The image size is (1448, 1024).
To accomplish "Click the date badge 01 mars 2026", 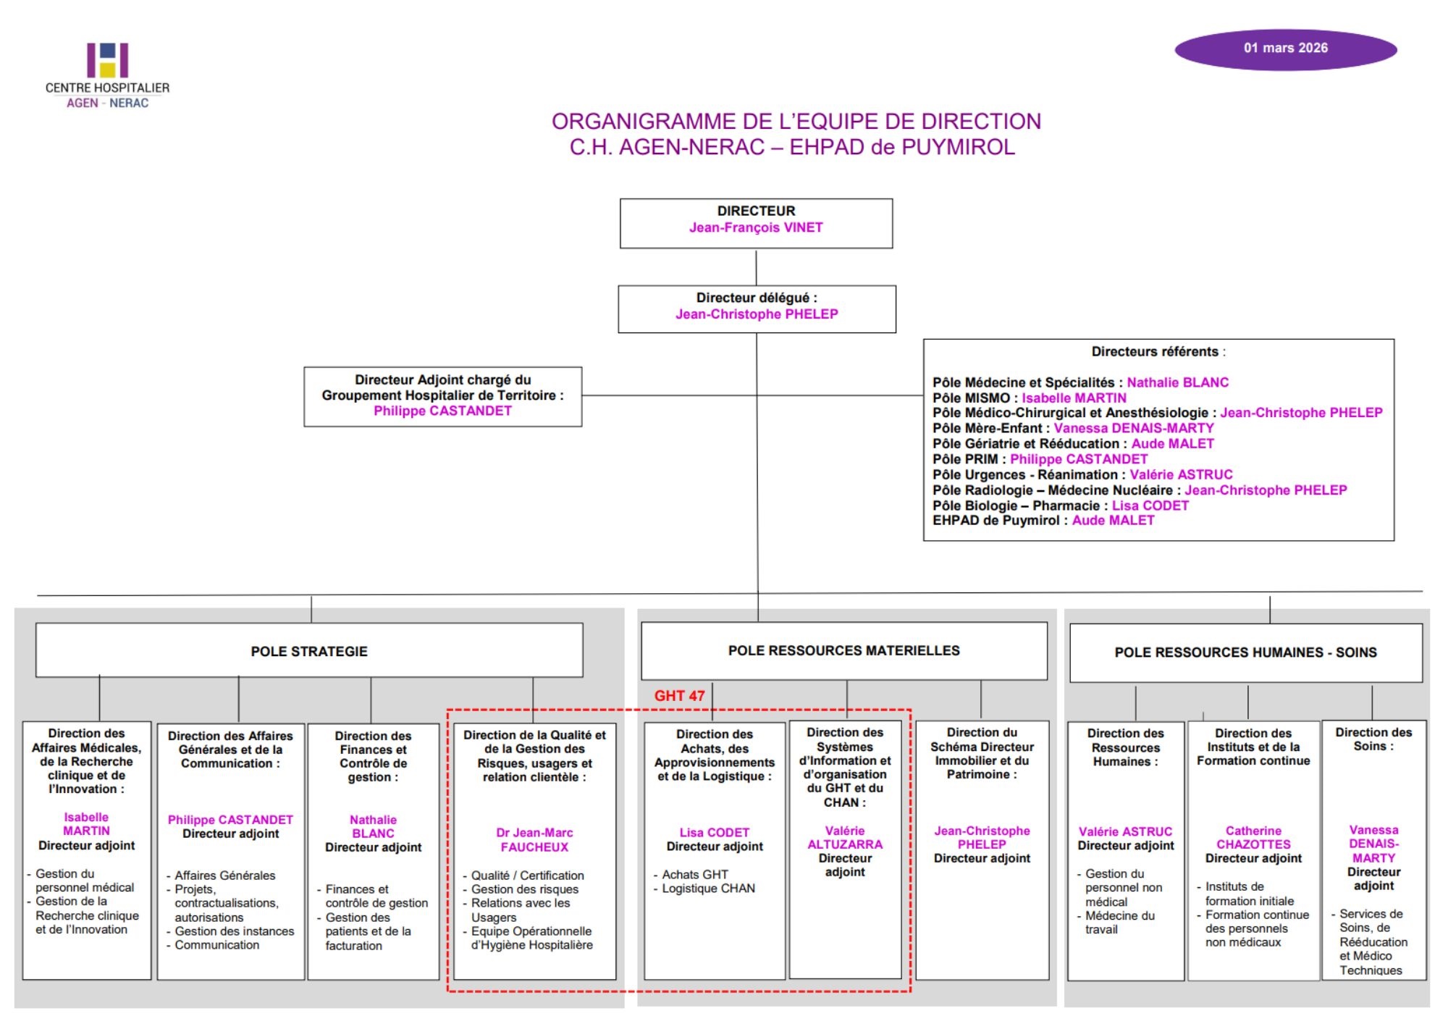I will pyautogui.click(x=1285, y=49).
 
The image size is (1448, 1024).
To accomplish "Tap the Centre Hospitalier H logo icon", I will pyautogui.click(x=107, y=60).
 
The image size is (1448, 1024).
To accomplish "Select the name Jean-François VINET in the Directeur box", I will pyautogui.click(x=756, y=227).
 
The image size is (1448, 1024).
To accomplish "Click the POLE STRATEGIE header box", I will pyautogui.click(x=309, y=651).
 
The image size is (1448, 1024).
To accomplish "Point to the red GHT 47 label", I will pyautogui.click(x=679, y=696).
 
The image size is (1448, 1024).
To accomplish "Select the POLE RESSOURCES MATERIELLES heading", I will pyautogui.click(x=843, y=650).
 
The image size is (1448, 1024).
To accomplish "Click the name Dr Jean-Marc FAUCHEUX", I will pyautogui.click(x=534, y=840).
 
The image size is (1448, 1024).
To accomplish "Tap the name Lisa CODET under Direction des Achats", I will pyautogui.click(x=714, y=833).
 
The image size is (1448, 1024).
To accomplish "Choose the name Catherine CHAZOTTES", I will pyautogui.click(x=1253, y=838).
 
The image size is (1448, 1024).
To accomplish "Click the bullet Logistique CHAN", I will pyautogui.click(x=707, y=889).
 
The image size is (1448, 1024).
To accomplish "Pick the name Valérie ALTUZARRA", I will pyautogui.click(x=844, y=838).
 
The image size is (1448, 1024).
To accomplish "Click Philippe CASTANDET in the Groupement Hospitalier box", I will pyautogui.click(x=442, y=411).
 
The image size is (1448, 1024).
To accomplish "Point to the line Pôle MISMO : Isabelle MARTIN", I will pyautogui.click(x=1029, y=398).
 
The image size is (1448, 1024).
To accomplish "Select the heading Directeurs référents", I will pyautogui.click(x=1156, y=352).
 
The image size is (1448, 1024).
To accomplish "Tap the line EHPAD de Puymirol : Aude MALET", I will pyautogui.click(x=1043, y=520).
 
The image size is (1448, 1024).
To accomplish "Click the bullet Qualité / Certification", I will pyautogui.click(x=527, y=876).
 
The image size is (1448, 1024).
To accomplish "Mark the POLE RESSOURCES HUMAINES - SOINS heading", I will pyautogui.click(x=1245, y=652).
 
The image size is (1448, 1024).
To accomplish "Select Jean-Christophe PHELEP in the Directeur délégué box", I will pyautogui.click(x=757, y=314).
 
